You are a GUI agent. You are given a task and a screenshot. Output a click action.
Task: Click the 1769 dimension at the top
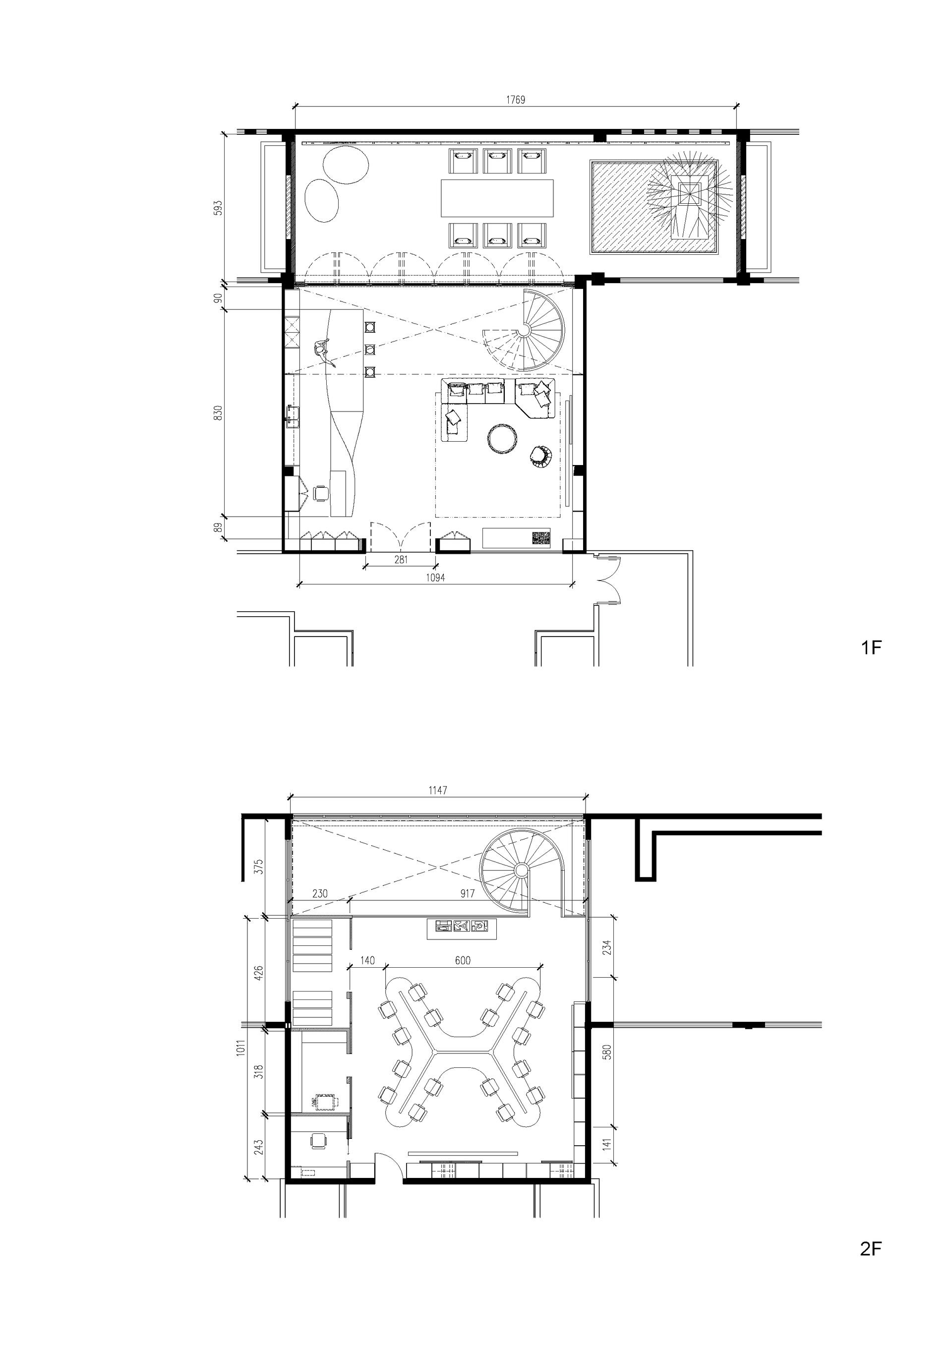[515, 99]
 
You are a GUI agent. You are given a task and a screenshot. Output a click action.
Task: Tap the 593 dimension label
[218, 208]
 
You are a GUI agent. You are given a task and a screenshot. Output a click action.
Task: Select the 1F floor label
[871, 648]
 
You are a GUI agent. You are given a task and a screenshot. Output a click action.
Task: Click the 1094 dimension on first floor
[435, 577]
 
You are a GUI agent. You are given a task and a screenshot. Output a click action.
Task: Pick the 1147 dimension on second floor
[437, 790]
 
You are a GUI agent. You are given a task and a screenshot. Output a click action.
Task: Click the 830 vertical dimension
[218, 413]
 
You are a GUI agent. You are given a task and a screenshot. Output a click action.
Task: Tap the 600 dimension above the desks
[463, 960]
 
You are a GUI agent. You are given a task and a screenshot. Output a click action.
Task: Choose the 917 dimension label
[467, 893]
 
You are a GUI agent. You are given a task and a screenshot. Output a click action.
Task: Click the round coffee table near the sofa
[503, 439]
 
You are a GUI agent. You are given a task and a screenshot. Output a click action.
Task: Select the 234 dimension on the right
[607, 947]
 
